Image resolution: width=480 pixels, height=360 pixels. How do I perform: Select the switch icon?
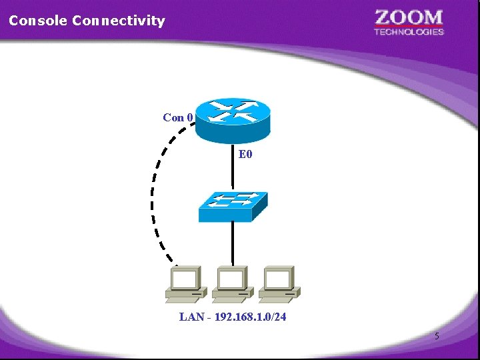pos(233,207)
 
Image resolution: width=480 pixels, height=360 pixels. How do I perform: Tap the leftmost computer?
pos(186,283)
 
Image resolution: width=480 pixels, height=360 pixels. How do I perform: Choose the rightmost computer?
pos(279,283)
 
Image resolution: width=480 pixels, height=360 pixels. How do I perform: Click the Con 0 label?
pos(178,118)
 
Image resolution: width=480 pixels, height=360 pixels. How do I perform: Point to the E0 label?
pos(245,155)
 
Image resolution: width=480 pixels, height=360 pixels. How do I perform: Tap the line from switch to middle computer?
pos(233,243)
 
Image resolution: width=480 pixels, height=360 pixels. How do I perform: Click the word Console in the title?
pos(38,21)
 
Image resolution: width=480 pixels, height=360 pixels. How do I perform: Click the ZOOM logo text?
pos(409,17)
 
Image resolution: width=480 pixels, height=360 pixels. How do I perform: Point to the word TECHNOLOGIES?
pos(409,31)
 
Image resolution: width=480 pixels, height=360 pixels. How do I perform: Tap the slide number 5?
pos(437,337)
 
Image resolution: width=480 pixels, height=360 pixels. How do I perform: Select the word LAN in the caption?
pos(191,317)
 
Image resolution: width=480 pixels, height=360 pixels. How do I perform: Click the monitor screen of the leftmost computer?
pos(186,277)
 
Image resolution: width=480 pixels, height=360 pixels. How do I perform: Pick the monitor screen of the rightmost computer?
pos(279,277)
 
